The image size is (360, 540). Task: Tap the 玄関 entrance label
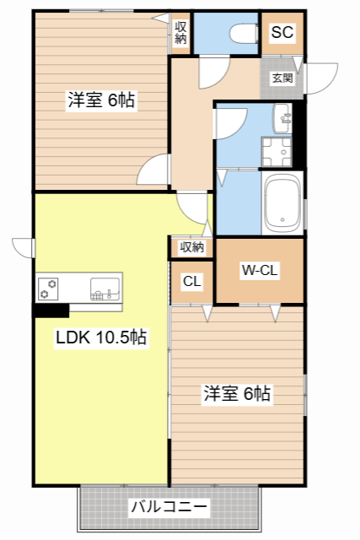(x=282, y=78)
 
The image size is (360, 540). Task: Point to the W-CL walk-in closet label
(x=260, y=272)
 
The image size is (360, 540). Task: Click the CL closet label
(x=191, y=282)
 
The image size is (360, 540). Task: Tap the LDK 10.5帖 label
(x=101, y=338)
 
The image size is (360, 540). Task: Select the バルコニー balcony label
(x=169, y=508)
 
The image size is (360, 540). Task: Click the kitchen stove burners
(x=46, y=289)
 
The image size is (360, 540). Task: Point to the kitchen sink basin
(x=105, y=288)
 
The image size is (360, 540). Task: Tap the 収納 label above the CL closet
(x=191, y=247)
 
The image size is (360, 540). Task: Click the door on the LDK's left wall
(x=24, y=247)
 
